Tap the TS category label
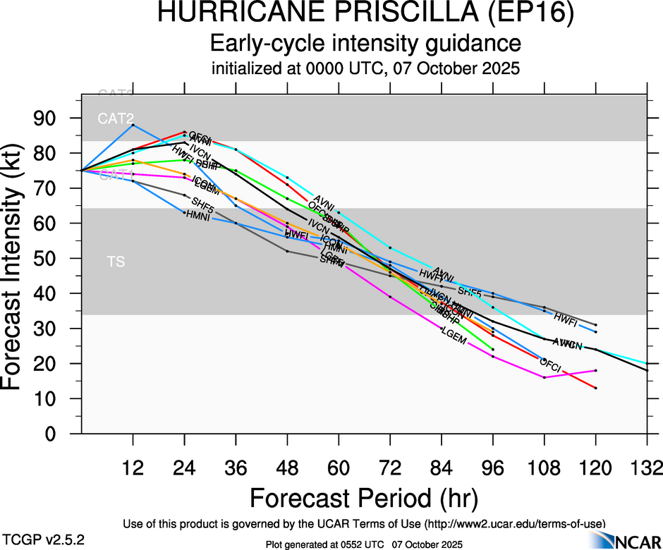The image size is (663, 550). click(x=116, y=262)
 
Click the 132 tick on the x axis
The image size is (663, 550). click(x=647, y=468)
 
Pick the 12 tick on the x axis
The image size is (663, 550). click(x=133, y=468)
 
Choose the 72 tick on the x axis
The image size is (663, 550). click(x=390, y=468)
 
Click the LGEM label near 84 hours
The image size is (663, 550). click(x=454, y=336)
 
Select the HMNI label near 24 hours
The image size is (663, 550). click(x=198, y=215)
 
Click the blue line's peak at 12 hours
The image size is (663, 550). click(x=133, y=125)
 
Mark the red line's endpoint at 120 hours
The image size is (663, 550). click(x=596, y=388)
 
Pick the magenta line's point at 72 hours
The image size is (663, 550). click(x=390, y=297)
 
